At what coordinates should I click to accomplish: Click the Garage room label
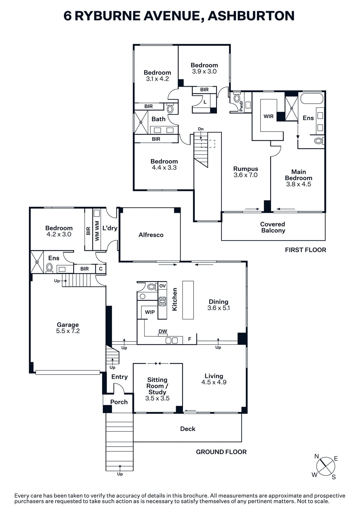click(x=68, y=325)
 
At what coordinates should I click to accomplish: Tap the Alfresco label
click(x=151, y=235)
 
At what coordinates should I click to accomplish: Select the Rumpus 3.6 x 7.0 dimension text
click(x=246, y=175)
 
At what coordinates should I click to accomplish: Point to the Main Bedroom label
click(x=298, y=175)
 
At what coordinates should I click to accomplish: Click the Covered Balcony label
click(x=273, y=227)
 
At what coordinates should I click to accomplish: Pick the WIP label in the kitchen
click(x=150, y=312)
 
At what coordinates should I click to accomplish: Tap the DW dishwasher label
click(x=163, y=331)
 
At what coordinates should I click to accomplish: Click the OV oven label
click(x=162, y=286)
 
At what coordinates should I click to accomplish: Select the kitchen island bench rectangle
click(x=188, y=300)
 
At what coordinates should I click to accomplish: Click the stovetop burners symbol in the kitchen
click(x=162, y=301)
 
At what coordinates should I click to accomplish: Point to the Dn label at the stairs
click(x=201, y=129)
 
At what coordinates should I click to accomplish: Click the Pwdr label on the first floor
click(x=241, y=106)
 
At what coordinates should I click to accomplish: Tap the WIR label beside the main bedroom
click(x=268, y=116)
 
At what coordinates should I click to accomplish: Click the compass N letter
click(x=316, y=457)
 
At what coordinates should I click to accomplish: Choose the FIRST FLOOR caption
click(x=305, y=250)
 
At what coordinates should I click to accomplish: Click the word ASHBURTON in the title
click(x=251, y=16)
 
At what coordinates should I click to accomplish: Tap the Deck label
click(x=188, y=429)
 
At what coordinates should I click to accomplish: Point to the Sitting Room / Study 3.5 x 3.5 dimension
click(x=157, y=398)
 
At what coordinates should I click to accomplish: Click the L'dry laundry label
click(x=110, y=228)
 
